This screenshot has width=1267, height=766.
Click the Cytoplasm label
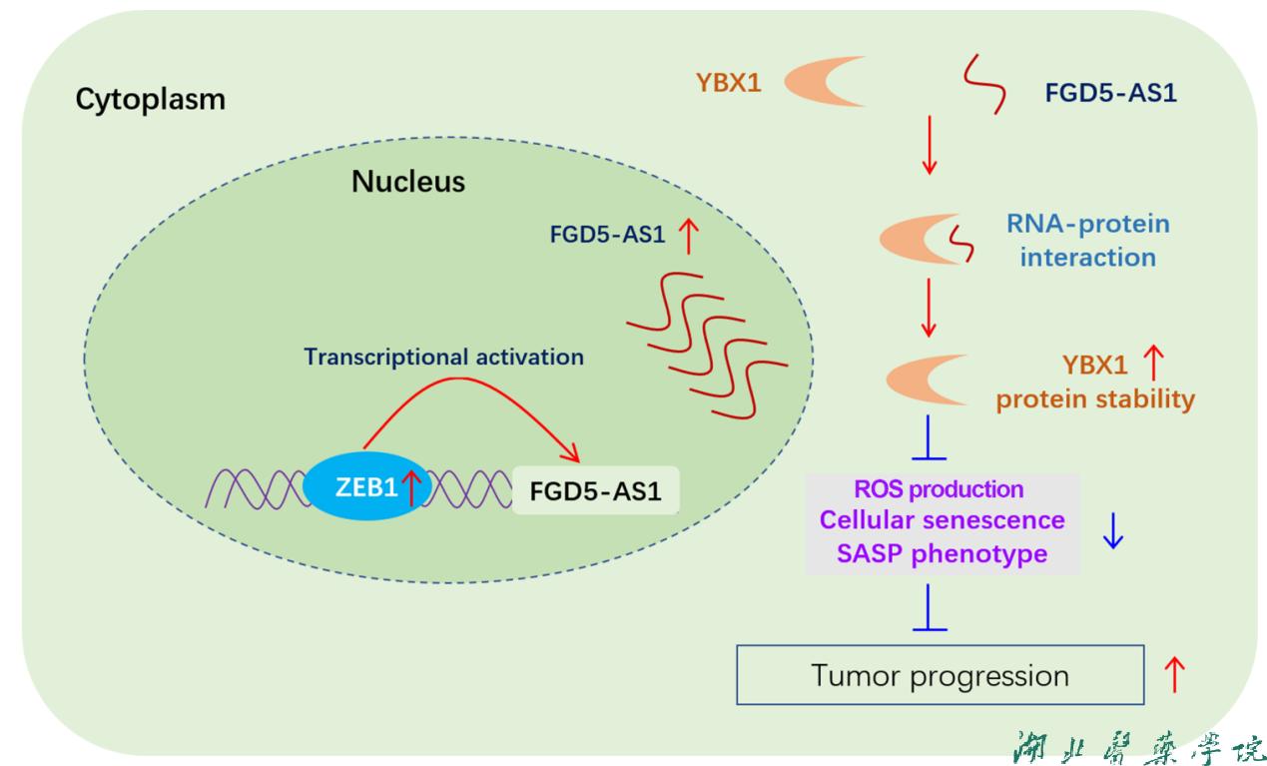[151, 100]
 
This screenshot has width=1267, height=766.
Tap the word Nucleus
[407, 182]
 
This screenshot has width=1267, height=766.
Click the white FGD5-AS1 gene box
[596, 491]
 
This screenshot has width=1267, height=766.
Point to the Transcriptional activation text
[443, 357]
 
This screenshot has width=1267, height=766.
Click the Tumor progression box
[940, 676]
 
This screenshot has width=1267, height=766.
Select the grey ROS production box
[943, 522]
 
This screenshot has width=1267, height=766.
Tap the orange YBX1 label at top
[728, 83]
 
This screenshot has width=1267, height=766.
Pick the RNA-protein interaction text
[1087, 240]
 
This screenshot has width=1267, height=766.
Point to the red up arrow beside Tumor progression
[1175, 675]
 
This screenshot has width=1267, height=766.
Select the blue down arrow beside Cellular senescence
[1113, 530]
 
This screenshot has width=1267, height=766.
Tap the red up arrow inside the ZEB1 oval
[409, 489]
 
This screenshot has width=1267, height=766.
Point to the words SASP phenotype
[943, 552]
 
